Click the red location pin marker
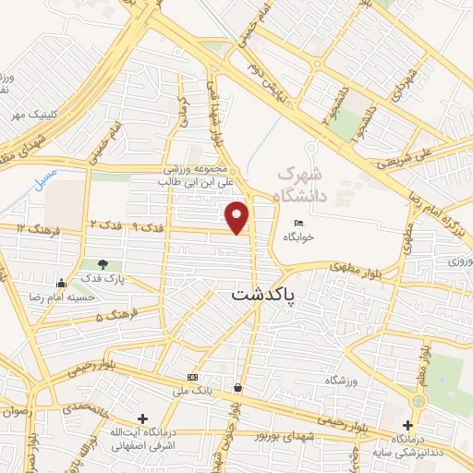[x=238, y=216]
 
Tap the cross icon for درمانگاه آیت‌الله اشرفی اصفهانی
[x=141, y=418]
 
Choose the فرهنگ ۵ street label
[x=114, y=315]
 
